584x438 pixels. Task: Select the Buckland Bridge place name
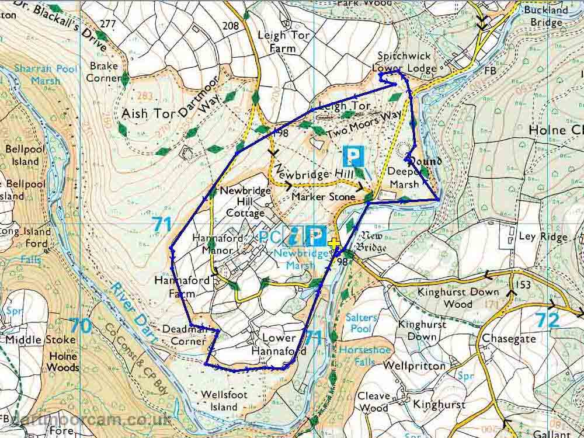(x=546, y=16)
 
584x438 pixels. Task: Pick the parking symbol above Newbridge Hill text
(x=353, y=155)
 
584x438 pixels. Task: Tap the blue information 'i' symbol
(x=294, y=237)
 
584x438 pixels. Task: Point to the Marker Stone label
(x=323, y=197)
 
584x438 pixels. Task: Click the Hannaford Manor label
(x=213, y=244)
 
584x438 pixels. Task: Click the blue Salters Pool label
(x=362, y=323)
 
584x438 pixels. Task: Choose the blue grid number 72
(x=547, y=320)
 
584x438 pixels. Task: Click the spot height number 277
(x=108, y=24)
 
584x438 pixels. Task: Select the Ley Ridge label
(x=543, y=237)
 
